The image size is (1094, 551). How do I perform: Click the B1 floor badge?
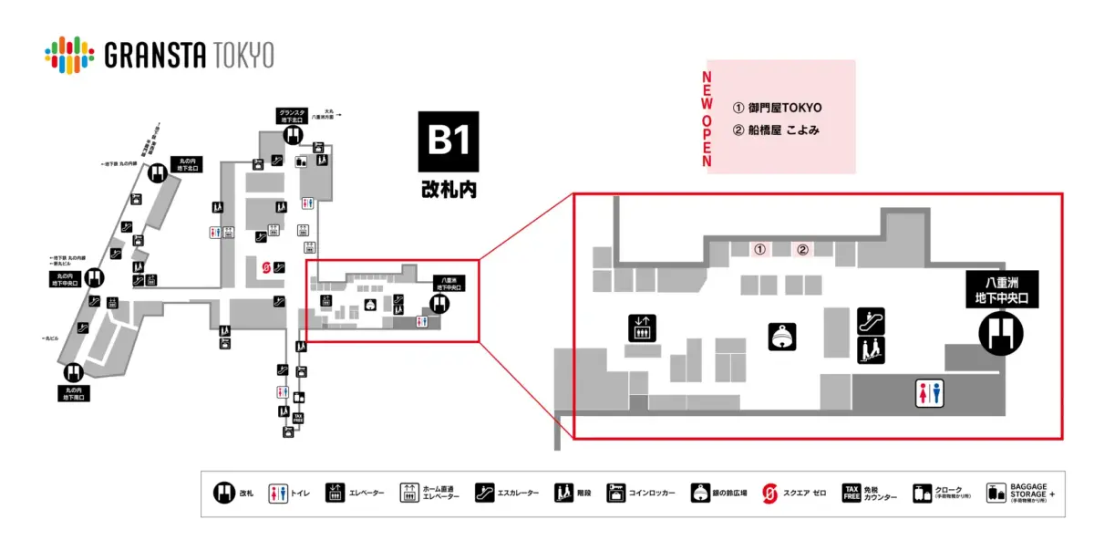pyautogui.click(x=449, y=141)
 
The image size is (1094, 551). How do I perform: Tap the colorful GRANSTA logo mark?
pyautogui.click(x=69, y=54)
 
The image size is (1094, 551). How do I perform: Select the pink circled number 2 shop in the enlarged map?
pyautogui.click(x=803, y=248)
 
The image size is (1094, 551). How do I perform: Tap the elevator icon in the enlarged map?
pyautogui.click(x=643, y=327)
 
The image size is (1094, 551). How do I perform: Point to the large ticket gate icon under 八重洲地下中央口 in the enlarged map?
pyautogui.click(x=1000, y=333)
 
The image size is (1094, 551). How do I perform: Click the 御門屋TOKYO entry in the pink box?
pyautogui.click(x=778, y=108)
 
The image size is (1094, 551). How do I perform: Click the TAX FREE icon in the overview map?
pyautogui.click(x=297, y=418)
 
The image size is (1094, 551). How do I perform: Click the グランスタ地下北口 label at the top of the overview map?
pyautogui.click(x=293, y=116)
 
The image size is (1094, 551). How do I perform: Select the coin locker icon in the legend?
pyautogui.click(x=617, y=494)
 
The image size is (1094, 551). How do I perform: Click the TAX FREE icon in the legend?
pyautogui.click(x=851, y=494)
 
